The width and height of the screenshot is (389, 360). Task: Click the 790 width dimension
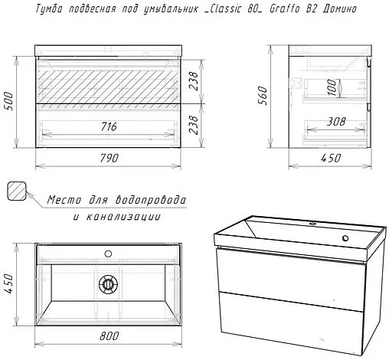click(x=107, y=159)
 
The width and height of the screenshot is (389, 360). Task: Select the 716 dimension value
click(x=107, y=126)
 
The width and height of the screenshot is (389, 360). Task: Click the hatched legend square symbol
click(x=16, y=191)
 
